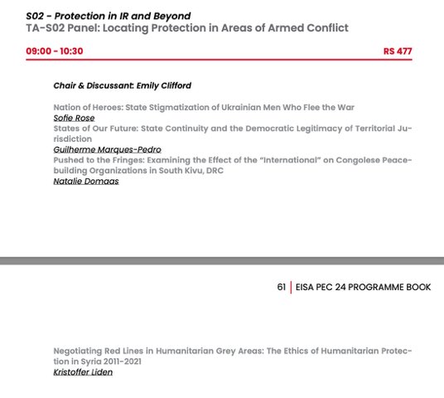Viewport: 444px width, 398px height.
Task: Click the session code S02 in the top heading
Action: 36,16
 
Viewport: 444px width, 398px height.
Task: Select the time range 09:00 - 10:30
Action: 54,51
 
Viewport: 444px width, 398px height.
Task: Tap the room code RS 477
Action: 398,51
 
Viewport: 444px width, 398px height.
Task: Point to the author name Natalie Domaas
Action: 85,181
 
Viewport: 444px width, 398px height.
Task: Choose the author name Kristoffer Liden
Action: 83,372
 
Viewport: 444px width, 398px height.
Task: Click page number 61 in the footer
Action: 282,288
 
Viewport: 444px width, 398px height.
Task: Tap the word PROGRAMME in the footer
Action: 375,288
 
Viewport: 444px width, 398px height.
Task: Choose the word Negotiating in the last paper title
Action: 80,352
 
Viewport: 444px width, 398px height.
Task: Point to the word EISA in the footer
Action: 308,288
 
